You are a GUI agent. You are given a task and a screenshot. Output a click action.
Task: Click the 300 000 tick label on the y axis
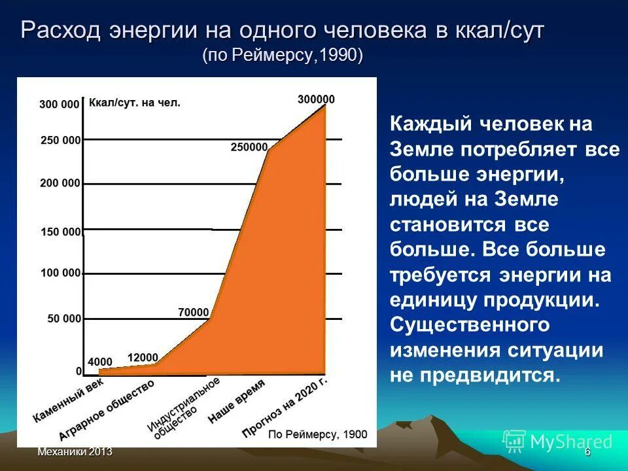(59, 104)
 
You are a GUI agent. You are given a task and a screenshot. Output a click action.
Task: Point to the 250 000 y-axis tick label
(60, 140)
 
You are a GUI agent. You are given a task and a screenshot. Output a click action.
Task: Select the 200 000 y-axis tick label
(60, 183)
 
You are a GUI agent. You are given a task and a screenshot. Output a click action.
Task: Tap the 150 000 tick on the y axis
(60, 232)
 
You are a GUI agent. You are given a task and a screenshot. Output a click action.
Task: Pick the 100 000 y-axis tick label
(60, 272)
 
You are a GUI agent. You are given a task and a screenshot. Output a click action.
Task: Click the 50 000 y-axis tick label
(63, 319)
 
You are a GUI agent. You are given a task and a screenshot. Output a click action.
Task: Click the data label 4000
(100, 361)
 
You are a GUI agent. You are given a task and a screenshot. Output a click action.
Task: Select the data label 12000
(143, 357)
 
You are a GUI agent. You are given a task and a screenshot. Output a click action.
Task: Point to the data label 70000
(194, 312)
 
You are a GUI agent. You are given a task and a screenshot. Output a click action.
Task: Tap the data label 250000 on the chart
(249, 147)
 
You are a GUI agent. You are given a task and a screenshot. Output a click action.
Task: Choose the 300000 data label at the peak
(316, 99)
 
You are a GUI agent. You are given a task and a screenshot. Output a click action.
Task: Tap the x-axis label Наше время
(236, 403)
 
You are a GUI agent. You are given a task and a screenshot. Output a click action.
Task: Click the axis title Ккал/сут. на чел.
(134, 103)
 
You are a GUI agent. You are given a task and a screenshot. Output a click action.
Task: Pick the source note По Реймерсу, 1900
(318, 434)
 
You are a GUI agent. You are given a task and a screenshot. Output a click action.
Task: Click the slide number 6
(587, 452)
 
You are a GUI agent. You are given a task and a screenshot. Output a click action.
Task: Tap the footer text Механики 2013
(75, 452)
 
